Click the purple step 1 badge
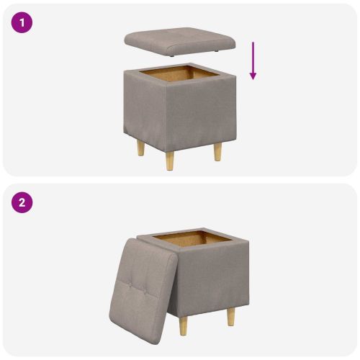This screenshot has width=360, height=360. coord(22,22)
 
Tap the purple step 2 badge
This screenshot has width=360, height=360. coord(22,202)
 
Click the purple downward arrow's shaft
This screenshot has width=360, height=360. coord(253,58)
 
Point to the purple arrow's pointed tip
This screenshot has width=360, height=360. coord(253,78)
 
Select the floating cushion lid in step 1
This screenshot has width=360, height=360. coord(181,40)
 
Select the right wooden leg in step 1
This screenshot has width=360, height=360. coord(217,151)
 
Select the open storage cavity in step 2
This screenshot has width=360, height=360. coord(189,238)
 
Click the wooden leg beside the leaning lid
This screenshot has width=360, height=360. coord(184,325)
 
